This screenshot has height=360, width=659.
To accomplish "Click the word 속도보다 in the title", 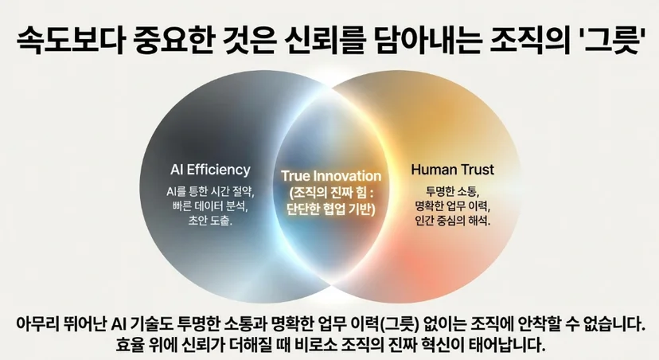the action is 70,40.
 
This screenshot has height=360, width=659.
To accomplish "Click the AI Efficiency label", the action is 210,170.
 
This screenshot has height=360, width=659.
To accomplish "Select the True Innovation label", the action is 331,176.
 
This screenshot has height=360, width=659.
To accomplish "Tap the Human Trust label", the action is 453,170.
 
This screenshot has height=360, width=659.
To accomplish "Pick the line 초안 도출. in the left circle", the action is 210,220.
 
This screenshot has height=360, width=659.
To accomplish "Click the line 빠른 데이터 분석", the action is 210,206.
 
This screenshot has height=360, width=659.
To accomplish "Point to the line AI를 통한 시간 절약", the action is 210,192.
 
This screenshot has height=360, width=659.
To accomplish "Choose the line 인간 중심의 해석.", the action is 453,220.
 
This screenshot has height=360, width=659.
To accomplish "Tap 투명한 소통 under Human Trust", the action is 453,192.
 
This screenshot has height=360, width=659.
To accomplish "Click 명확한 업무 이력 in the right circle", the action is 453,206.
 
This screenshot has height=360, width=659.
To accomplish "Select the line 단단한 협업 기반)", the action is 331,209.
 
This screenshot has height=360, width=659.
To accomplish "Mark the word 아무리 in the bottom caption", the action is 37,324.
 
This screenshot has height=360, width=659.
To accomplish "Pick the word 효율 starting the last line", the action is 129,345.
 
